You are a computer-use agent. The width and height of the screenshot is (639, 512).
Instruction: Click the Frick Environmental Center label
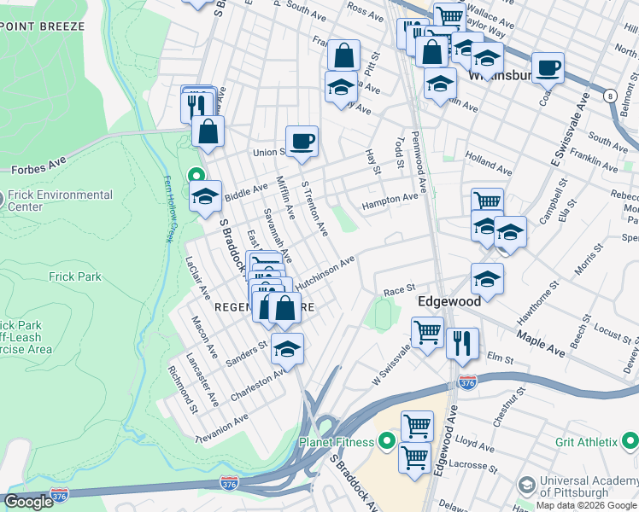coord(59,201)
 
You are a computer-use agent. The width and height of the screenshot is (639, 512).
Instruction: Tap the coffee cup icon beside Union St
coord(301,141)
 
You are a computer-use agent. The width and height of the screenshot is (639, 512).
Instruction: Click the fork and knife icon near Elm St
coord(460,342)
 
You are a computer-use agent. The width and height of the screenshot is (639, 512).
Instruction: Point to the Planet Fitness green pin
coord(386,441)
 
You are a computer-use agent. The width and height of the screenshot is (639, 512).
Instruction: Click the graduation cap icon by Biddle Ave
coord(205,195)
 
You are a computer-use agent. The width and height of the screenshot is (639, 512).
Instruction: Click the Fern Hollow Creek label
coord(169,208)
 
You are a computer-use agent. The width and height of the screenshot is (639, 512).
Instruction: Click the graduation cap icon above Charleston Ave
coord(288,348)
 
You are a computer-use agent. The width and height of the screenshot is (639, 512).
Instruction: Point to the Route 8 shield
coord(610,96)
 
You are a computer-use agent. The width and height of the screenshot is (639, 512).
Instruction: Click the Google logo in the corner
coord(28,502)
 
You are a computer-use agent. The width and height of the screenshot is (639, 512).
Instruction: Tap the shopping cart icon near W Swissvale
coord(427,332)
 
